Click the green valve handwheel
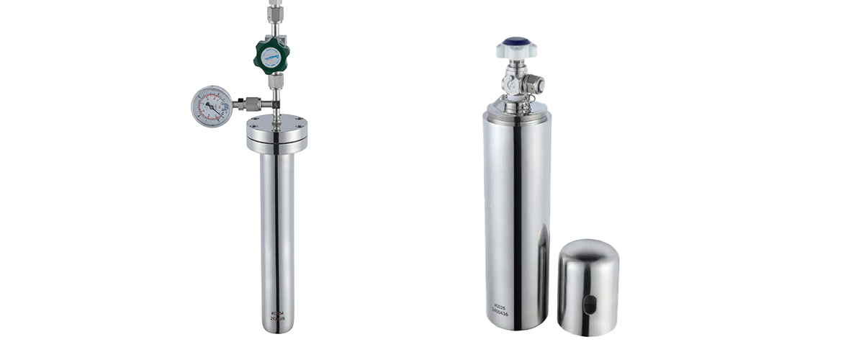(x=271, y=55)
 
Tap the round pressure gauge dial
(x=211, y=106)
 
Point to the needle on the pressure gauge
(x=211, y=107)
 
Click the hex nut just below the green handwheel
(x=274, y=81)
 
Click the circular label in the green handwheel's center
(x=271, y=55)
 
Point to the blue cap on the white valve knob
(x=516, y=42)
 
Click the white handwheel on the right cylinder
(x=516, y=49)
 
